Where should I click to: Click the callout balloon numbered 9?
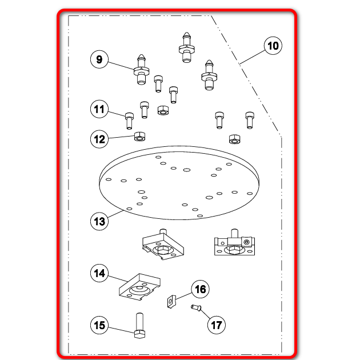(99, 59)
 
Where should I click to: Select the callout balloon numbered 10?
(273, 46)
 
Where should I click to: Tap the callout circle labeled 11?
(99, 109)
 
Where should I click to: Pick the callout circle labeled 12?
(99, 139)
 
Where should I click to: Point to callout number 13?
(99, 221)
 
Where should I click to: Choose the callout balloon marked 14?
(99, 273)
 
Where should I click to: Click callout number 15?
(99, 325)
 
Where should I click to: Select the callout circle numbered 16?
(200, 289)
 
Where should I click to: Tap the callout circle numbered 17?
(216, 325)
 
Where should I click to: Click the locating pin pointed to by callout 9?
(141, 69)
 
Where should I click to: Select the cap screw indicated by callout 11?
(129, 121)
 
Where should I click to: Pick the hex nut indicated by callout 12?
(139, 137)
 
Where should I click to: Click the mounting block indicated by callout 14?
(139, 287)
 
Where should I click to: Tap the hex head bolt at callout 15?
(139, 326)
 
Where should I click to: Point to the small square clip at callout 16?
(171, 302)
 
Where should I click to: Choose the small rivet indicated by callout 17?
(196, 307)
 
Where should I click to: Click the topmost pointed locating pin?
(187, 47)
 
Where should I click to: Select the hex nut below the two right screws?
(235, 139)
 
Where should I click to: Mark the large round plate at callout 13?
(179, 183)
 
